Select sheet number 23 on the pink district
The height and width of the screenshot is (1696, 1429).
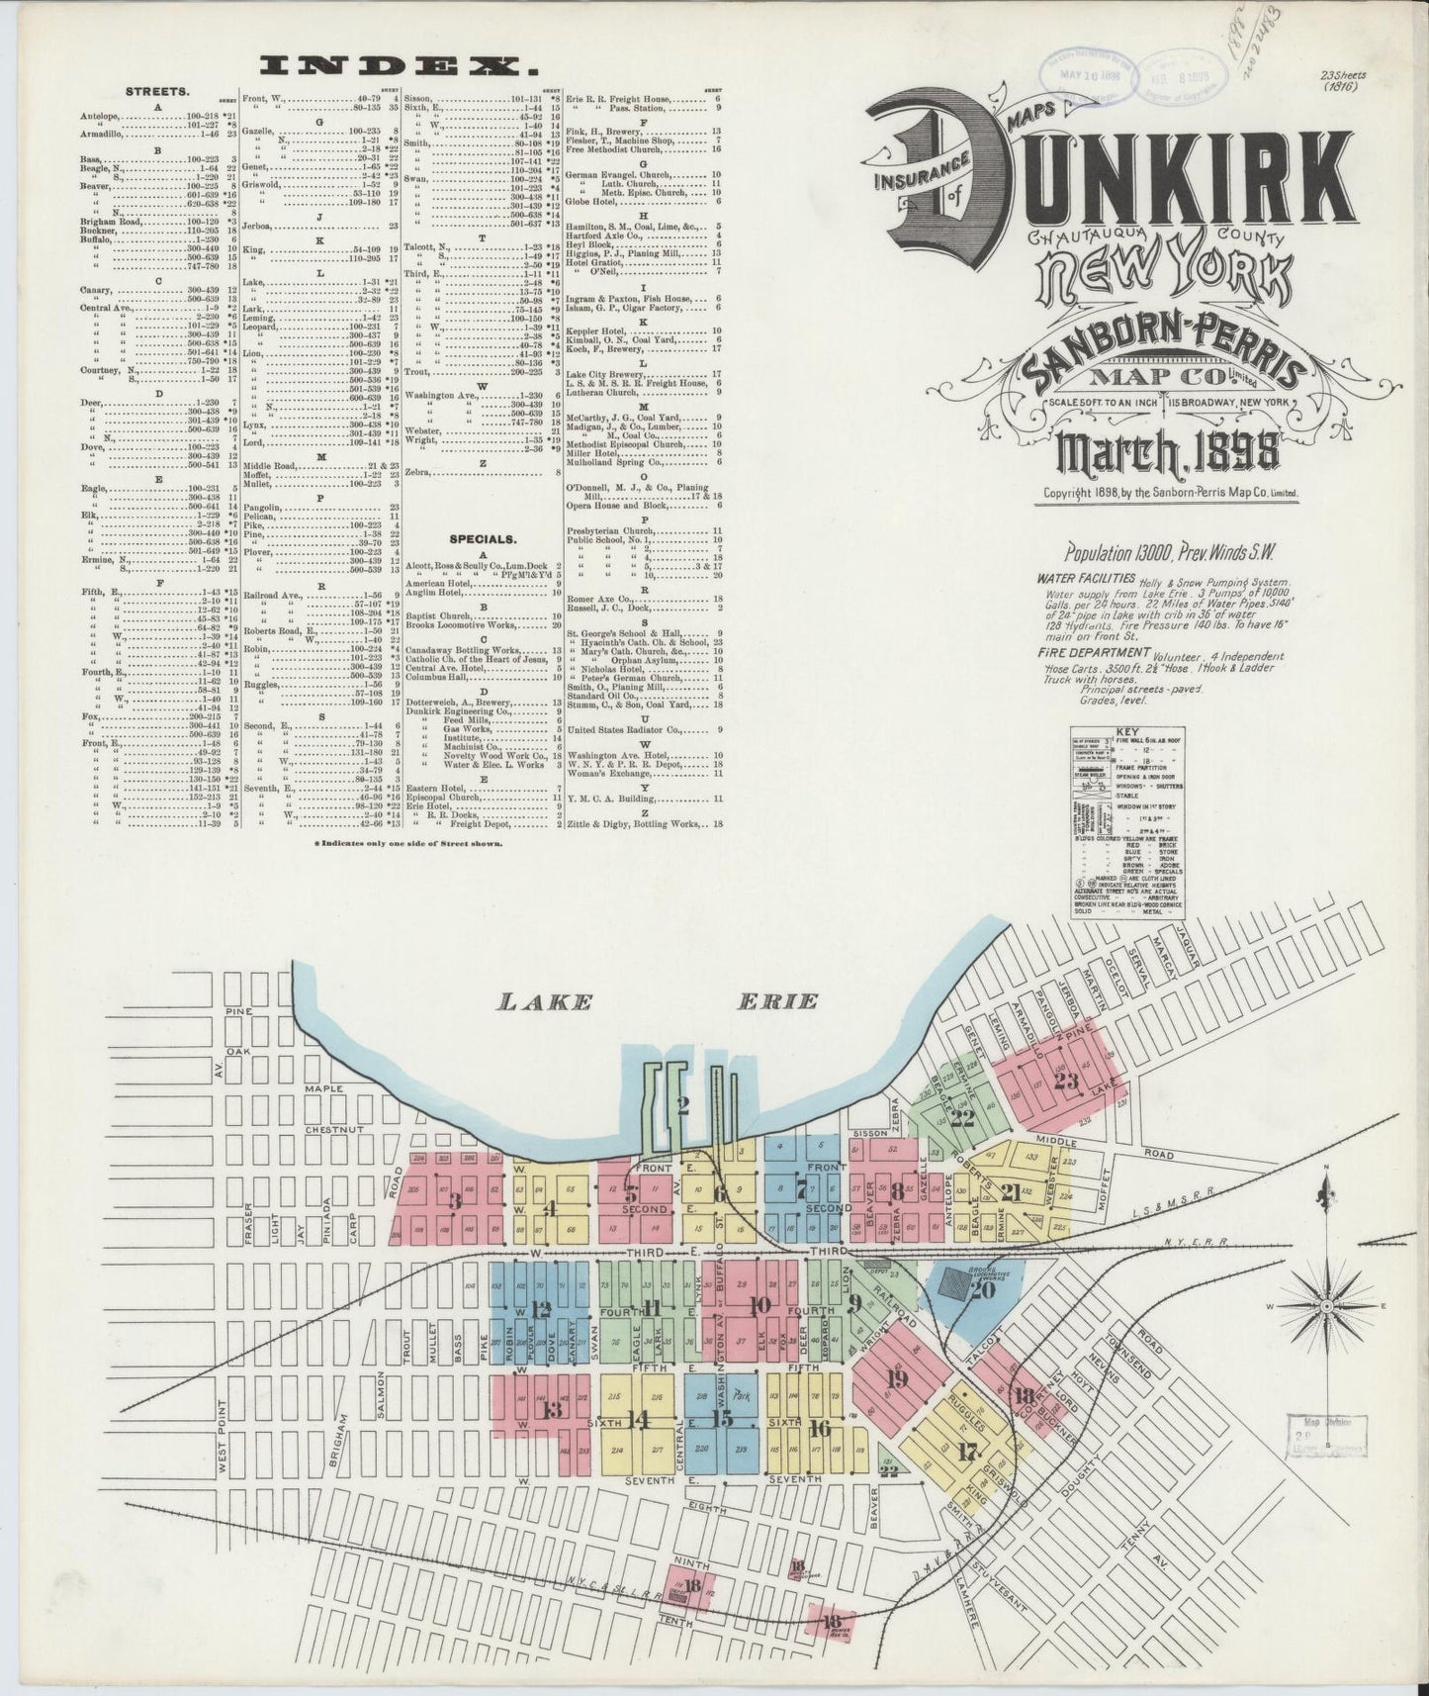click(x=1066, y=1081)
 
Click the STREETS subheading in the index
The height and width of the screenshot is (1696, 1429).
click(x=151, y=91)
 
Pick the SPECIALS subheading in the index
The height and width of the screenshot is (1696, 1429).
click(x=482, y=539)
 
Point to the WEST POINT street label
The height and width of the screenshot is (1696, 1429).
click(x=223, y=1435)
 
